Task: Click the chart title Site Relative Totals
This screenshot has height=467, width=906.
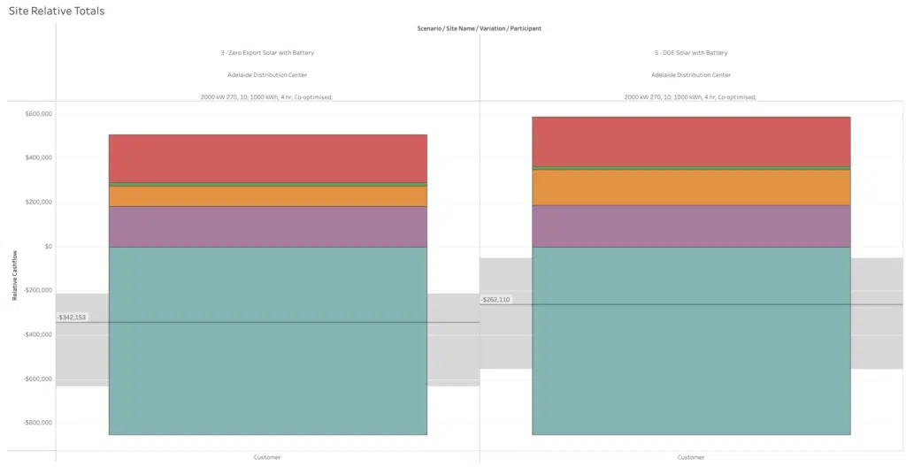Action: [56, 10]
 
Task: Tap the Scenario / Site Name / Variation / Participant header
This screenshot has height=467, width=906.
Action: [479, 28]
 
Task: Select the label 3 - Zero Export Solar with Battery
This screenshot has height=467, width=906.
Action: [267, 53]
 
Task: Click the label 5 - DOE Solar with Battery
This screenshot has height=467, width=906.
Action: [690, 53]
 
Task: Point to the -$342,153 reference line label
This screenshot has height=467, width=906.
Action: [72, 317]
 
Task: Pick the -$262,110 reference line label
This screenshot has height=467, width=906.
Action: [495, 300]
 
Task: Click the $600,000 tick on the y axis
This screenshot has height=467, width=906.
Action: [38, 114]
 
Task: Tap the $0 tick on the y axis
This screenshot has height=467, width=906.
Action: [48, 247]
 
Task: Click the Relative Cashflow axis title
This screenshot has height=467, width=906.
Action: [15, 274]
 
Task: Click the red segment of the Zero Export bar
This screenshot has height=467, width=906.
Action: [267, 158]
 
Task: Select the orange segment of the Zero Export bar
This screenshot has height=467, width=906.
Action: [267, 196]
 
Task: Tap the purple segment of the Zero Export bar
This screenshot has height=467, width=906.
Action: [267, 226]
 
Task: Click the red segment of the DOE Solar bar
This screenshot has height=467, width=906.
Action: [691, 142]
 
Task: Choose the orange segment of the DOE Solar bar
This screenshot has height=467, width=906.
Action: [691, 188]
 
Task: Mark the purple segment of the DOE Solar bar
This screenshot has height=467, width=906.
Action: [691, 226]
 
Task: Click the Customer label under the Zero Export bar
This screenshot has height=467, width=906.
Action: [267, 457]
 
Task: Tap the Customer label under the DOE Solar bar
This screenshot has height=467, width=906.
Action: [691, 457]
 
